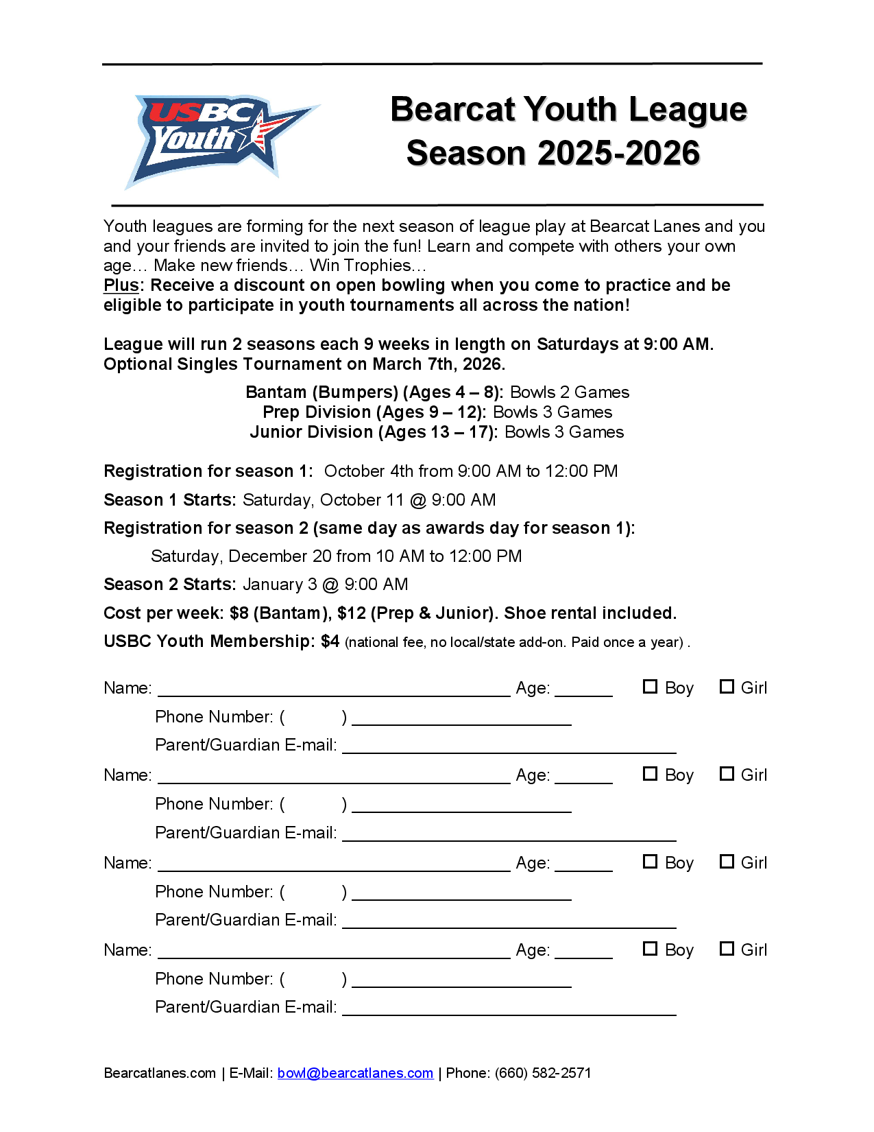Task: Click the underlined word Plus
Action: click(121, 285)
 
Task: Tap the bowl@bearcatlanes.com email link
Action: click(355, 1073)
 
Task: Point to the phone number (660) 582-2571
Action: click(543, 1073)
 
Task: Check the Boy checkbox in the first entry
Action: click(650, 687)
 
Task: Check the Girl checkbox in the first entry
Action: click(727, 687)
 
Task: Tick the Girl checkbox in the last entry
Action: click(727, 949)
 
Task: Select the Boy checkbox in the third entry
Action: click(650, 862)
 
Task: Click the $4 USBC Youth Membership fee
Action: click(330, 641)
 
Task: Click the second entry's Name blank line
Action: click(334, 781)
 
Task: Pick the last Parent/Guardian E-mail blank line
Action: click(509, 1013)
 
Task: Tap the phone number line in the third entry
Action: click(461, 897)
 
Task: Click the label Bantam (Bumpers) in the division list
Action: click(321, 392)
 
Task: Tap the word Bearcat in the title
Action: click(452, 110)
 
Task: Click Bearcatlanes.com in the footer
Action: click(160, 1073)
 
